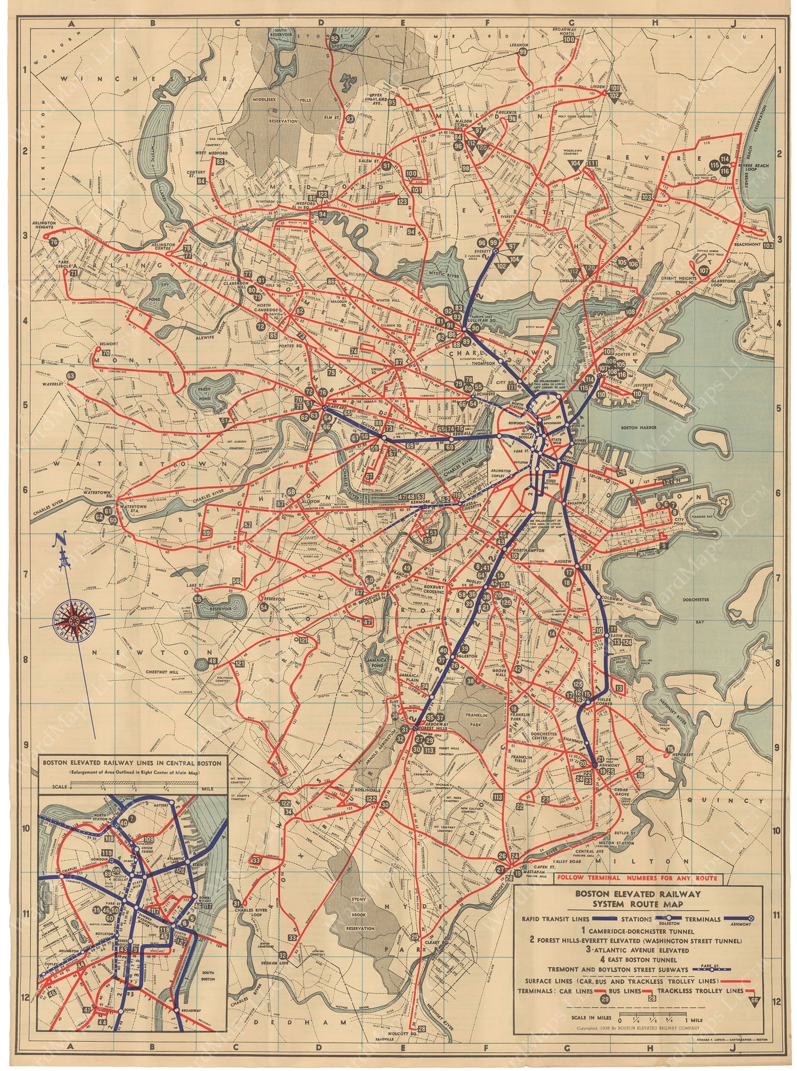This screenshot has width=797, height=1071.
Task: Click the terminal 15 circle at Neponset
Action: [670, 749]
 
